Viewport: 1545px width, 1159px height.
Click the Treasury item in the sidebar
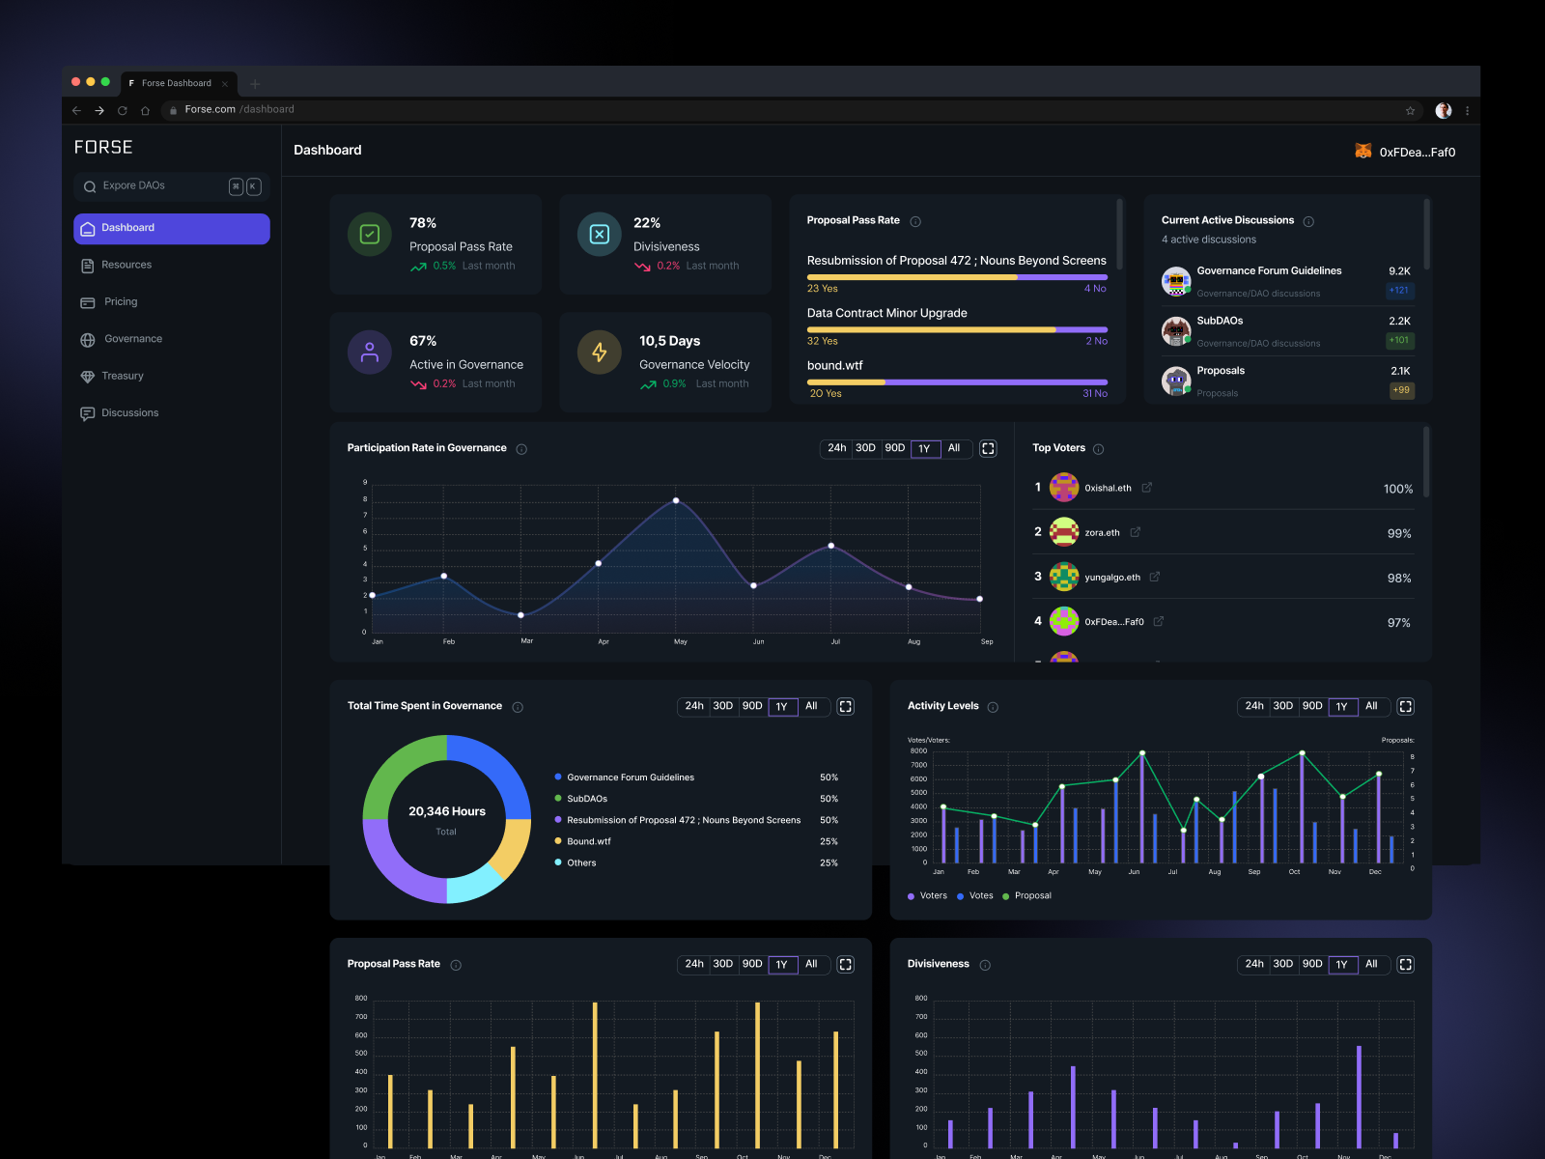pos(122,376)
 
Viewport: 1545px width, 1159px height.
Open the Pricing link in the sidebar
pos(121,302)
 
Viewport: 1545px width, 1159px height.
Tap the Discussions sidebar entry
pos(129,413)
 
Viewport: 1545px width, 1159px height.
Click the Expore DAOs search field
pos(154,186)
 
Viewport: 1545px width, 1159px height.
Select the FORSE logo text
pos(103,147)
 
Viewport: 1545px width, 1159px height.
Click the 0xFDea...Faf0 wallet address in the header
pos(1417,152)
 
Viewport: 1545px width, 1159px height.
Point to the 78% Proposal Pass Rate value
pos(423,223)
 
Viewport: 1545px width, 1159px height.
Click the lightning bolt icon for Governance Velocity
pos(600,353)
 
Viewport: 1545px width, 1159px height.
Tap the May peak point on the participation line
pos(676,500)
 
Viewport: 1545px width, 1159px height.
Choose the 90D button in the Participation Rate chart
pos(895,448)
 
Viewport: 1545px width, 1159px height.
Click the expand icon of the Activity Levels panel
pos(1406,706)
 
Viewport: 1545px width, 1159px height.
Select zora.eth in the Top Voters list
pos(1102,532)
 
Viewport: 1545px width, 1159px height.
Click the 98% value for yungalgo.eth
pos(1399,578)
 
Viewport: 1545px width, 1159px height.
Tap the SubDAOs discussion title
pos(1220,321)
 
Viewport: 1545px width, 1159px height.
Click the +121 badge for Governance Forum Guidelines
pos(1399,290)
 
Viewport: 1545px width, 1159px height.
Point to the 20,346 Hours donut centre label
pos(446,811)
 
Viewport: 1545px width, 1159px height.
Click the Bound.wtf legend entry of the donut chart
pos(588,841)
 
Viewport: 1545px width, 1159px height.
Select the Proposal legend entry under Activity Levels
pos(1032,895)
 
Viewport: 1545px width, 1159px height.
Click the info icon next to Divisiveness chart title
pos(985,965)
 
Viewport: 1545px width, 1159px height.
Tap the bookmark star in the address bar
pos(1410,110)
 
